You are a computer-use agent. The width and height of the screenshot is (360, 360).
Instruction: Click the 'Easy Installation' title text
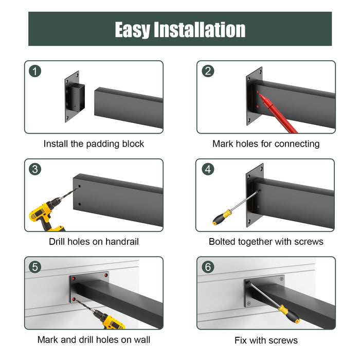click(180, 29)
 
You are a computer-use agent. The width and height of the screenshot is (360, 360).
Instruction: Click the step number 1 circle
click(35, 71)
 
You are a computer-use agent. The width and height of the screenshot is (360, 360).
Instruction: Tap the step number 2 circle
click(208, 71)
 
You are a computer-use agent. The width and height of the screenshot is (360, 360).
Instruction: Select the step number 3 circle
click(35, 169)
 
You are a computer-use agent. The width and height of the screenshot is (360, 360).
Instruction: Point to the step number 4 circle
click(208, 169)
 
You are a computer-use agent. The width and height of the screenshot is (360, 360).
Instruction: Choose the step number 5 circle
click(35, 267)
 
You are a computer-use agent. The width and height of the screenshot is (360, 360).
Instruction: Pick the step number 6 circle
click(208, 267)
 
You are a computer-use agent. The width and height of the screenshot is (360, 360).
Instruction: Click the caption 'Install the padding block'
click(94, 144)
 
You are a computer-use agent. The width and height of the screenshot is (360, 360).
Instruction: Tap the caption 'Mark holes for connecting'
click(266, 144)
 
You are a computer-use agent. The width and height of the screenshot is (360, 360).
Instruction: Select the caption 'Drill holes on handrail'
click(94, 242)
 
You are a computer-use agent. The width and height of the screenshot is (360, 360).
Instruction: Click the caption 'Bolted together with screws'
click(266, 242)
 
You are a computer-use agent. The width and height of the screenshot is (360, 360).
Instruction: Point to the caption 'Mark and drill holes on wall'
click(94, 340)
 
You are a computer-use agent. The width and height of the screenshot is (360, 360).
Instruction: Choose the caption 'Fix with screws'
click(266, 340)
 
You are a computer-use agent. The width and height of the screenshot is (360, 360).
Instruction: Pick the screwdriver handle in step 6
click(290, 314)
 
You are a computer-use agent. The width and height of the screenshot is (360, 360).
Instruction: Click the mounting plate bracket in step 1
click(72, 96)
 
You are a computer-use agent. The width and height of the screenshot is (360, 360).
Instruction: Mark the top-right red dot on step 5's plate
click(106, 276)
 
